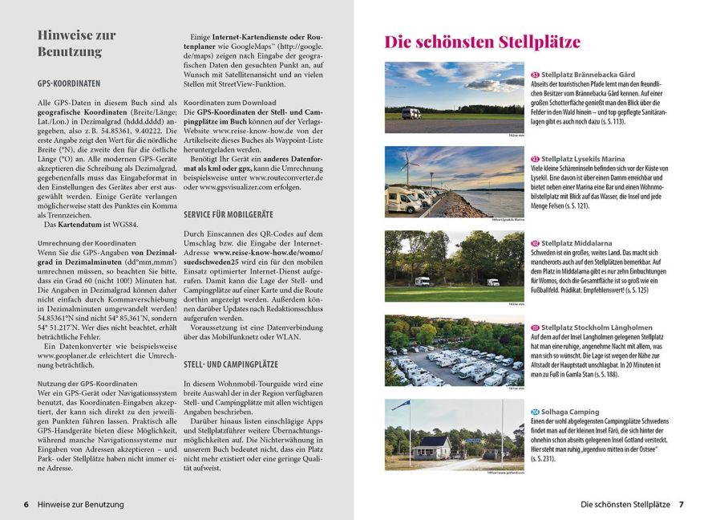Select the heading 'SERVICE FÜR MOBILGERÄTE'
pos(229,215)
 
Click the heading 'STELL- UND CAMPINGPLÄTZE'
pos(230,363)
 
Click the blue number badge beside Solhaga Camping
pos(535,412)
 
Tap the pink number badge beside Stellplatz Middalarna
pos(535,243)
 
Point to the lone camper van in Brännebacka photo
pos(411,113)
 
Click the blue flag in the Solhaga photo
pos(399,405)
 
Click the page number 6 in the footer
pos(26,504)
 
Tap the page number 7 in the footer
pos(682,504)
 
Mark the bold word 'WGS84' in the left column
pos(122,224)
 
